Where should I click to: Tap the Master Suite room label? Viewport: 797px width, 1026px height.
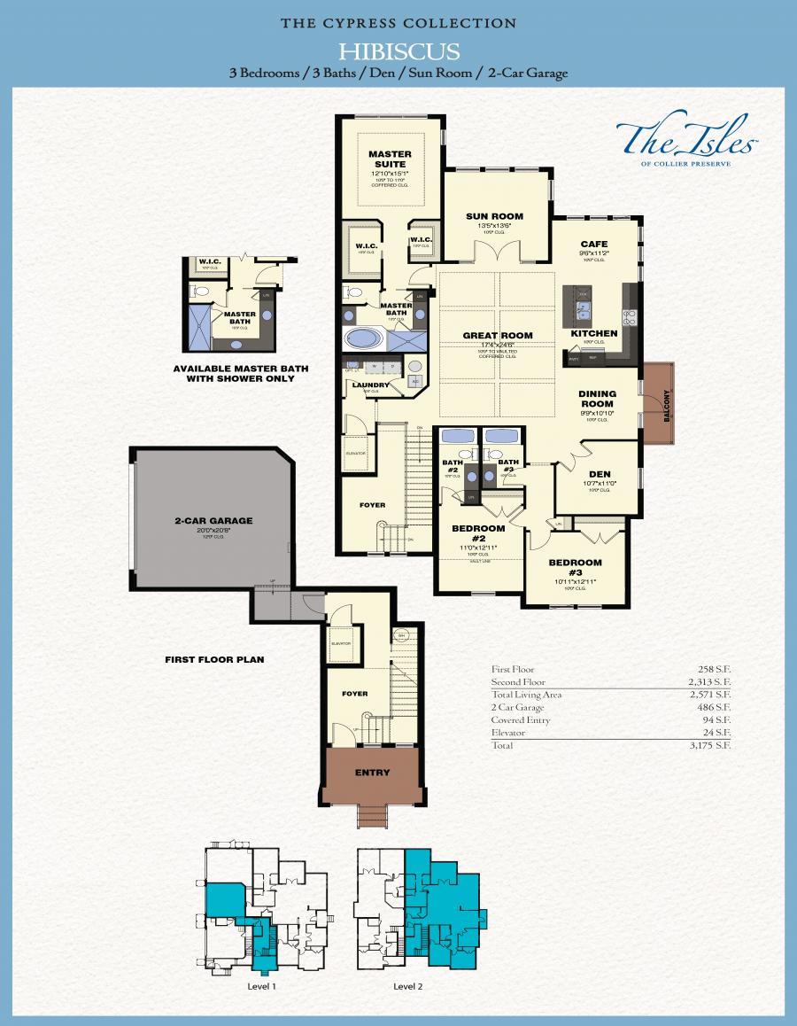click(x=390, y=159)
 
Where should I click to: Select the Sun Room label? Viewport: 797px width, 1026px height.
click(x=494, y=216)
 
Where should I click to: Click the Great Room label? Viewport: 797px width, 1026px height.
click(x=498, y=335)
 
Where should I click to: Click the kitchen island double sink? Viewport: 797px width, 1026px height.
click(x=584, y=310)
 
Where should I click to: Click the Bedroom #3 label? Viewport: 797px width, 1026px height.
click(x=575, y=566)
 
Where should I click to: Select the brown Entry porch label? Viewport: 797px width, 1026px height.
click(x=372, y=773)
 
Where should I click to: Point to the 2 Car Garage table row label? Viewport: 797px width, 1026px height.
click(x=518, y=708)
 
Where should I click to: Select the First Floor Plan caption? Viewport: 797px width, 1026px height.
click(x=214, y=659)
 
